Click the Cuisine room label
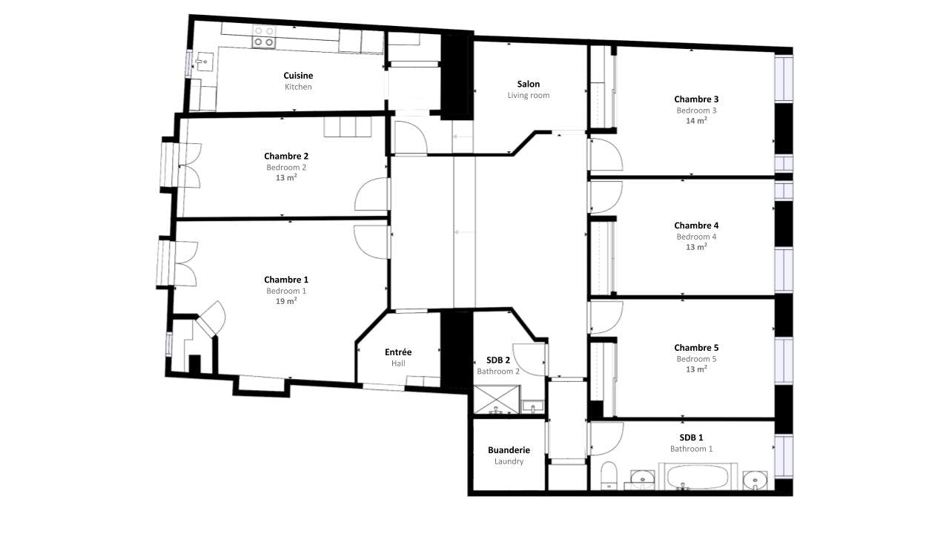tap(298, 76)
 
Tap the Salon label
tap(529, 84)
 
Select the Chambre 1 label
tap(286, 280)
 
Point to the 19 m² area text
tap(286, 302)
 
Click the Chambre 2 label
tap(286, 156)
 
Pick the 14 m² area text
tap(696, 121)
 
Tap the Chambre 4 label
tap(696, 225)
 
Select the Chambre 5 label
tap(696, 348)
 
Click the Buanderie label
tap(509, 450)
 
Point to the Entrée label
tap(398, 352)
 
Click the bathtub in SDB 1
tap(699, 476)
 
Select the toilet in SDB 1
tap(608, 475)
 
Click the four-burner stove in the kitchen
tap(263, 36)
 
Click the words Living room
tap(529, 95)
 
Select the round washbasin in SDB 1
tap(754, 480)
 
